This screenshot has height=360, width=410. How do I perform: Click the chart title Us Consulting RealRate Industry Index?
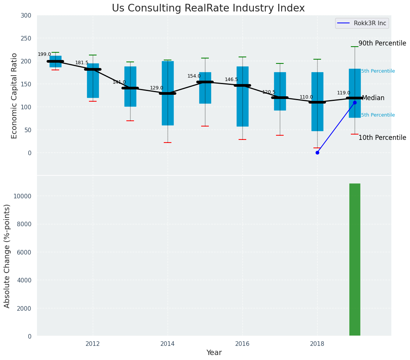[x=208, y=8]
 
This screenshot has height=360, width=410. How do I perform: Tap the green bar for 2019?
[x=355, y=260]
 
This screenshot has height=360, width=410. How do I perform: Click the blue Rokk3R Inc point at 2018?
[x=317, y=152]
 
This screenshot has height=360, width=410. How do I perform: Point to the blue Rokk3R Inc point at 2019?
[x=355, y=102]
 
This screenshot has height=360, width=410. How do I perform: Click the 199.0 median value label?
[x=44, y=54]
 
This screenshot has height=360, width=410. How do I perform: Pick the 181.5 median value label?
[x=82, y=63]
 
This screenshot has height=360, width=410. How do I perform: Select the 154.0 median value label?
[x=194, y=76]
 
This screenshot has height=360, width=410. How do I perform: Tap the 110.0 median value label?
[x=306, y=97]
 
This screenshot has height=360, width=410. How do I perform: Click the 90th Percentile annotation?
[x=382, y=44]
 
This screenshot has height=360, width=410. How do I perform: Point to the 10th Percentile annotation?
[x=382, y=138]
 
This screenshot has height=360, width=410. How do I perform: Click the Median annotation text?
[x=373, y=98]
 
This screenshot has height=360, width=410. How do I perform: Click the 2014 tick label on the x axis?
[x=168, y=344]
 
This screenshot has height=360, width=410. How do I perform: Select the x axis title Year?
[x=214, y=353]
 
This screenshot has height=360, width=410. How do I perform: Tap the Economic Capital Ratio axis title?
[x=15, y=96]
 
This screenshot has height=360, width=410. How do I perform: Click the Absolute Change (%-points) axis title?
[x=7, y=256]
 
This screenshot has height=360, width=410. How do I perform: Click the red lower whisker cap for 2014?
[x=168, y=143]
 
